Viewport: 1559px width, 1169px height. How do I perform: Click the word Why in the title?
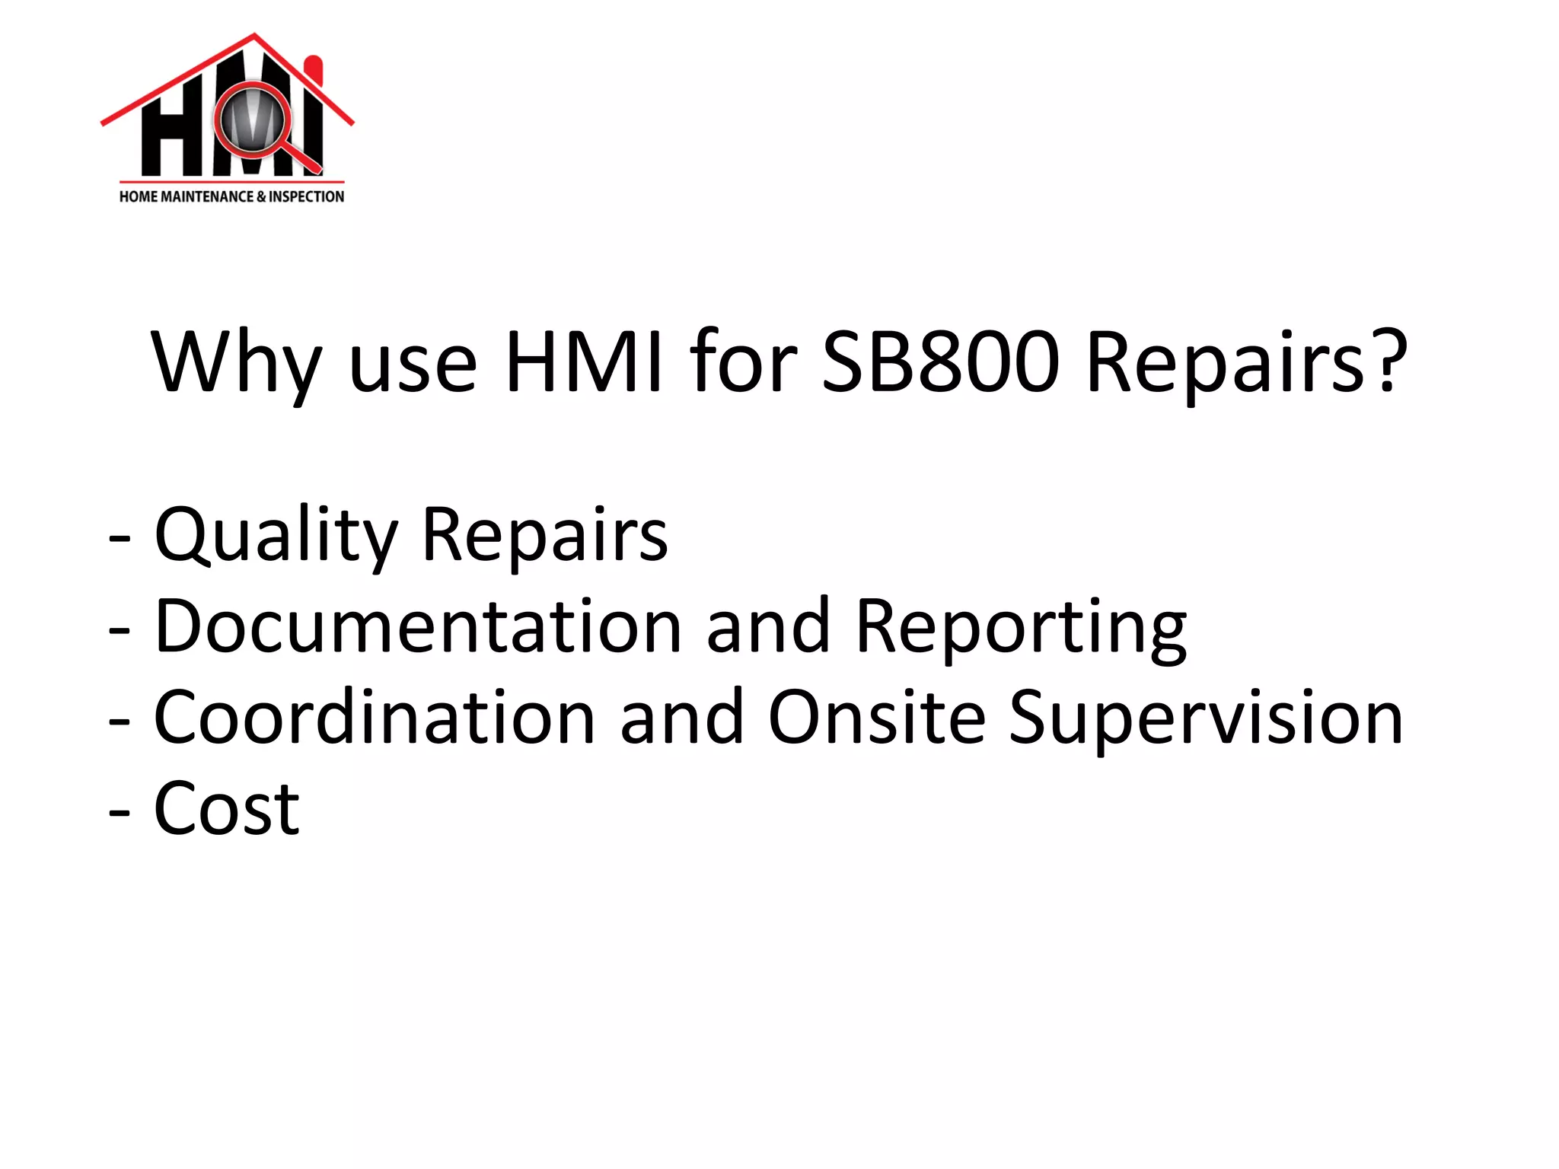236,364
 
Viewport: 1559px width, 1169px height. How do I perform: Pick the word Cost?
227,808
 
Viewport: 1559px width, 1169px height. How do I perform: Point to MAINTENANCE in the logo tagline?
207,196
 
